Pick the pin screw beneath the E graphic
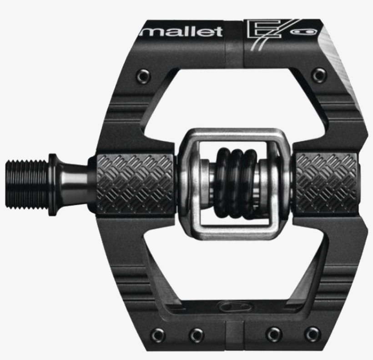point(319,75)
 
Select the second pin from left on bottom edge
point(197,335)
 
